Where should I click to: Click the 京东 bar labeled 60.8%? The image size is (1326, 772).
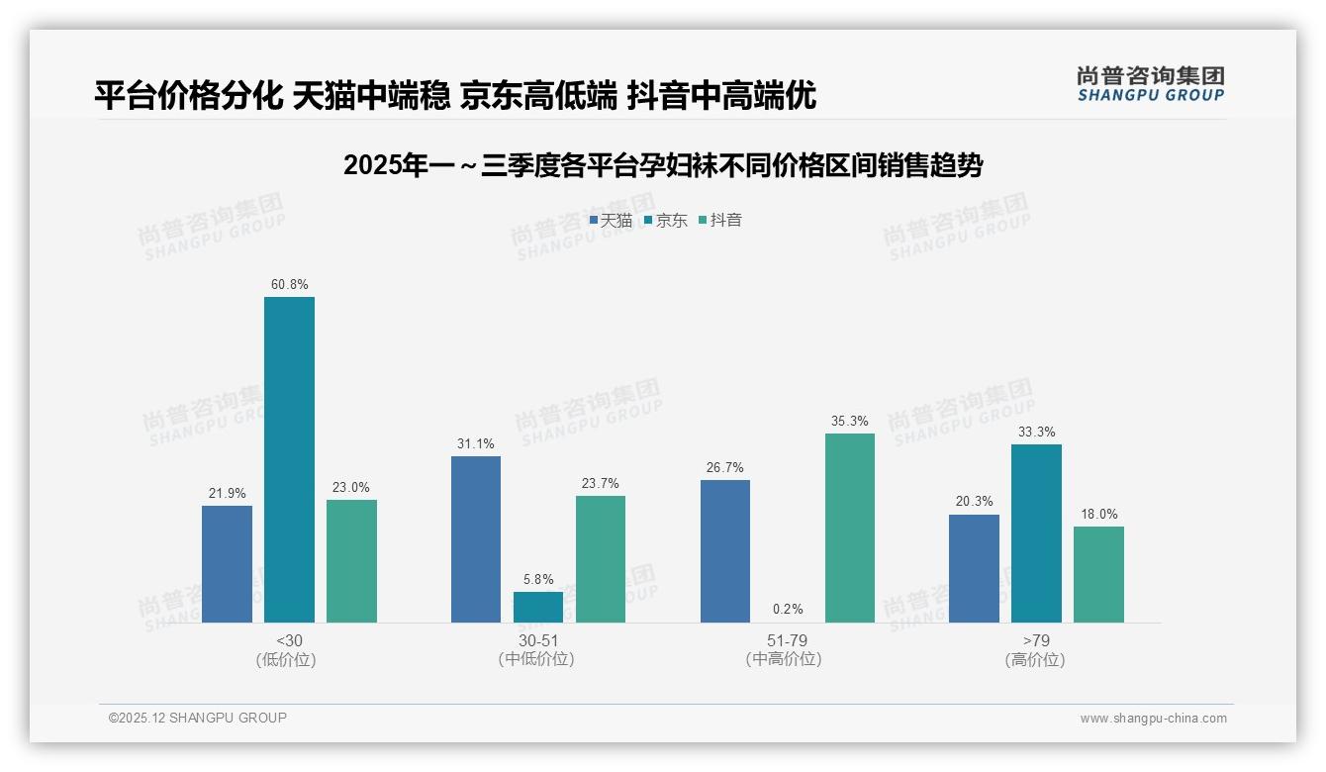[289, 459]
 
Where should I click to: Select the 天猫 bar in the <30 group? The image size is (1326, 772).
[227, 564]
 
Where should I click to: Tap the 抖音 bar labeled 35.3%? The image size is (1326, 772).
[850, 528]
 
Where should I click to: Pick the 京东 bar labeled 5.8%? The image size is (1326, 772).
[538, 607]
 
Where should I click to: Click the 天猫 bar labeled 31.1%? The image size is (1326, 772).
[476, 539]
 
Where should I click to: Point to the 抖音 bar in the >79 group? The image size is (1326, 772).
[1098, 574]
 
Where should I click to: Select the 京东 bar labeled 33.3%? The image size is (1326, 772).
[1036, 533]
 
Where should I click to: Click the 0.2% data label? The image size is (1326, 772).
[788, 609]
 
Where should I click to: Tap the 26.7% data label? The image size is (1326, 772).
[725, 467]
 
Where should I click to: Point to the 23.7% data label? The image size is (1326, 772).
[601, 483]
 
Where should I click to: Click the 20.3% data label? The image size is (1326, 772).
[974, 502]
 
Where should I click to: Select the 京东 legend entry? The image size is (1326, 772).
[665, 220]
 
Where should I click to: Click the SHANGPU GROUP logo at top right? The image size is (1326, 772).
[1150, 84]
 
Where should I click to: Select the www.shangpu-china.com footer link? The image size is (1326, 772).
[1153, 719]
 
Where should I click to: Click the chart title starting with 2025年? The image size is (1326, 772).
[662, 165]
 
